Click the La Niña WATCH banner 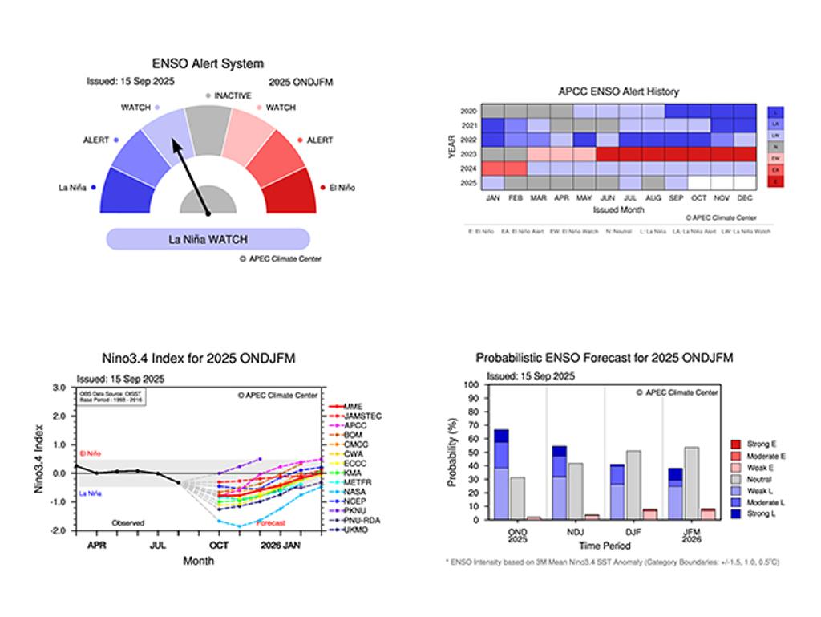pyautogui.click(x=208, y=239)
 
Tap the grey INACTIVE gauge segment pyautogui.click(x=208, y=128)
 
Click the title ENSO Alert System pyautogui.click(x=208, y=63)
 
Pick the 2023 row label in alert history pyautogui.click(x=469, y=154)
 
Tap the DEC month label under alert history pyautogui.click(x=744, y=197)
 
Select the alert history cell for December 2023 pyautogui.click(x=744, y=154)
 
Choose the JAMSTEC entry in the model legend pyautogui.click(x=362, y=416)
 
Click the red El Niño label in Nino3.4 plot pyautogui.click(x=92, y=453)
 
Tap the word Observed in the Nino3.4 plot pyautogui.click(x=128, y=523)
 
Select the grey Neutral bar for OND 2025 pyautogui.click(x=517, y=498)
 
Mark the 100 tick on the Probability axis pyautogui.click(x=471, y=385)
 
